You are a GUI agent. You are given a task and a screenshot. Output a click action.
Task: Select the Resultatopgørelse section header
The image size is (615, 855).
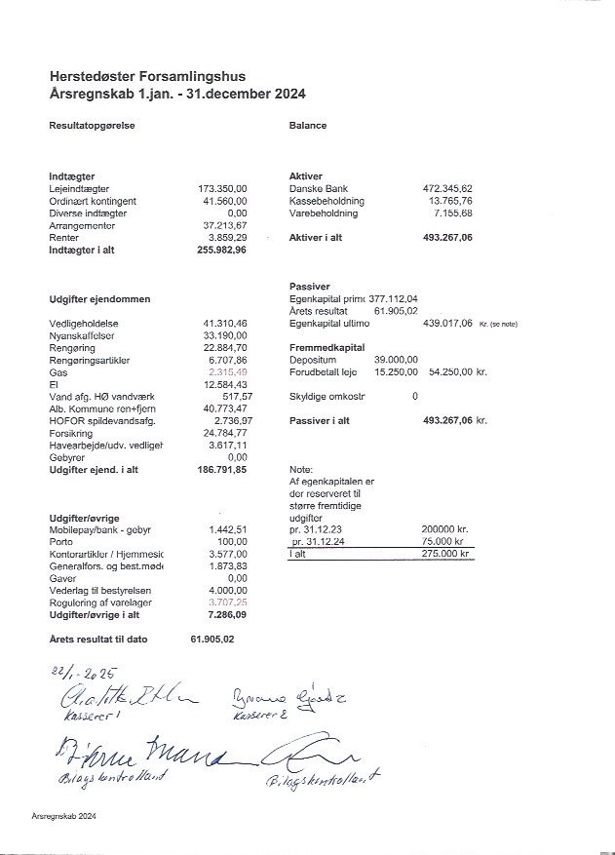click(x=92, y=126)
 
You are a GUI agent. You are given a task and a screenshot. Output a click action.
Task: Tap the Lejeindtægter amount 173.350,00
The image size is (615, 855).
click(x=222, y=188)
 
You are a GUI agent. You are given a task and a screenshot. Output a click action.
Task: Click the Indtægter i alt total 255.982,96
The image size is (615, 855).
click(x=222, y=250)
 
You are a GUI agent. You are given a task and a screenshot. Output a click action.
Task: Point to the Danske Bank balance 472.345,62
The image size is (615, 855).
click(x=446, y=188)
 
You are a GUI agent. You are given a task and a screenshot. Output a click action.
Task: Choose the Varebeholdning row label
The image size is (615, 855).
click(x=324, y=213)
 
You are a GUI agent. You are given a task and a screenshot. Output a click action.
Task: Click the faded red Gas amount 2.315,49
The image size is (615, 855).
click(x=225, y=372)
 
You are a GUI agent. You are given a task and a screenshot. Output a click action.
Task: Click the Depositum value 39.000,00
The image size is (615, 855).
click(x=396, y=360)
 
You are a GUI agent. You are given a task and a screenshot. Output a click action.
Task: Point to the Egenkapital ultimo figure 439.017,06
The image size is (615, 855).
click(x=446, y=323)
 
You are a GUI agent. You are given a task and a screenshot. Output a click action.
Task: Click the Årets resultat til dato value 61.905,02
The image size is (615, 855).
click(x=212, y=639)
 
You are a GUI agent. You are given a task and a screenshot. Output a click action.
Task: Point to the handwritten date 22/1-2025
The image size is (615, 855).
click(x=84, y=673)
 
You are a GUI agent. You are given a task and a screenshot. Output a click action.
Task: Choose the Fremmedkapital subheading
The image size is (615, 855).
click(x=327, y=347)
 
